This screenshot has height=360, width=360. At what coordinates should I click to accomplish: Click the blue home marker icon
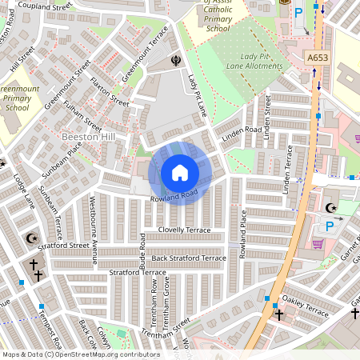(x=180, y=173)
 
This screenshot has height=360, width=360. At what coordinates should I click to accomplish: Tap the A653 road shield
(x=318, y=58)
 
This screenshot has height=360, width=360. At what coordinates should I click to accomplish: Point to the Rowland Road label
(x=173, y=197)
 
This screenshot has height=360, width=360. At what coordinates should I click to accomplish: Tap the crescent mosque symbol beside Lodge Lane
(x=32, y=238)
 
